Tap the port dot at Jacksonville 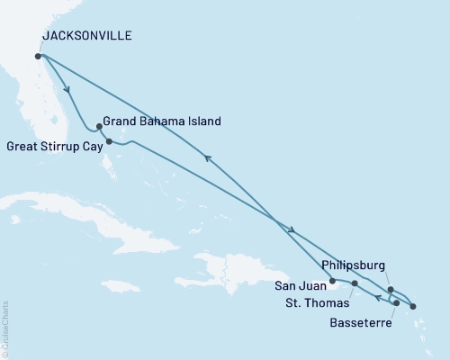(x=38, y=56)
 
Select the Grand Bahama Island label (x=160, y=121)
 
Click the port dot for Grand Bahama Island (x=98, y=127)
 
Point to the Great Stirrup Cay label (x=54, y=145)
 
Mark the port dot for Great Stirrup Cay (x=109, y=141)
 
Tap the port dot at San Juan (x=332, y=281)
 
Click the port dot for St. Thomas (x=355, y=283)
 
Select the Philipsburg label (x=353, y=265)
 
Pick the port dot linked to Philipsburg (x=390, y=290)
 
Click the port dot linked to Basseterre (x=396, y=303)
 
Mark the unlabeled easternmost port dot (x=413, y=307)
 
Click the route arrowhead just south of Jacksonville (x=67, y=89)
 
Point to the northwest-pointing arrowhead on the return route (x=208, y=158)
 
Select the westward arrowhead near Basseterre (x=378, y=298)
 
